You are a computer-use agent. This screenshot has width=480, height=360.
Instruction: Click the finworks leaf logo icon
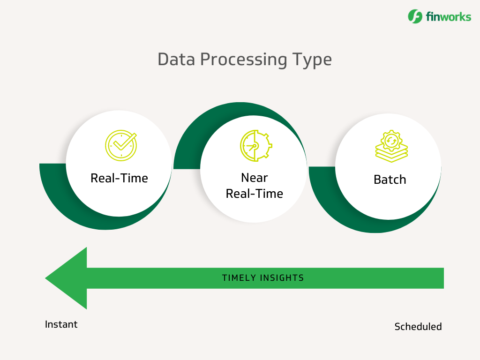coord(415,16)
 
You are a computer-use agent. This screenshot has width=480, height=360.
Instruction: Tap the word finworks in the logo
coord(448,17)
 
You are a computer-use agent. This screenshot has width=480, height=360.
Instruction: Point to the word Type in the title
coord(312,60)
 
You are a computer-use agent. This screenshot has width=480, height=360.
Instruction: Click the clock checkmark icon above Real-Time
coord(120,145)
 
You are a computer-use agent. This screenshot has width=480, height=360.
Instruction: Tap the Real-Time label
coord(119,178)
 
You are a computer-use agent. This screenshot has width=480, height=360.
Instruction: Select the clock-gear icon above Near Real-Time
coord(255,146)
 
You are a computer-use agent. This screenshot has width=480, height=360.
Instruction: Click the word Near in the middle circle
coord(254,178)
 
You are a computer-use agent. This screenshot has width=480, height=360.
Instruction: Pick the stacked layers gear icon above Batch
coord(391,147)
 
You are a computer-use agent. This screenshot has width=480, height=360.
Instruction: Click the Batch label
coord(390,180)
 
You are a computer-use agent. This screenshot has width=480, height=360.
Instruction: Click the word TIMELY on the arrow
coord(239,278)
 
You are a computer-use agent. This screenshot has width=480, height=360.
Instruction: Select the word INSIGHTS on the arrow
coord(283,278)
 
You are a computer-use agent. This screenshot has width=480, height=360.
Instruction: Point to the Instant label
coord(61,324)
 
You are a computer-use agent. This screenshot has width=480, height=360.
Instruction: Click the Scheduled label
coord(418,327)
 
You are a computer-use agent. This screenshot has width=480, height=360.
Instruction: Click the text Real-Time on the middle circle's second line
coord(254,194)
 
